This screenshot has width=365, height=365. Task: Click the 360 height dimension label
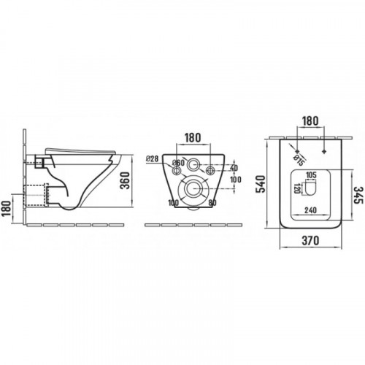(x=125, y=180)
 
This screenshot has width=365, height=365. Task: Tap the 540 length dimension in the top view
(x=261, y=184)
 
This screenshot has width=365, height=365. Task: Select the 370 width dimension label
(x=310, y=241)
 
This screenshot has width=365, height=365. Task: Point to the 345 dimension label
(x=358, y=196)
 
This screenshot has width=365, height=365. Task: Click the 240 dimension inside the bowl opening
(x=310, y=210)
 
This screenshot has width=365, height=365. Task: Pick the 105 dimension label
(x=311, y=175)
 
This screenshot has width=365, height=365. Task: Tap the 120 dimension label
(x=296, y=188)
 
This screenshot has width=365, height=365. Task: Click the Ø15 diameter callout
(x=299, y=160)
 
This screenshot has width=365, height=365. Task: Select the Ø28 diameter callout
(x=152, y=159)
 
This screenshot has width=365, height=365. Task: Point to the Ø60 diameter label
(x=178, y=163)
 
